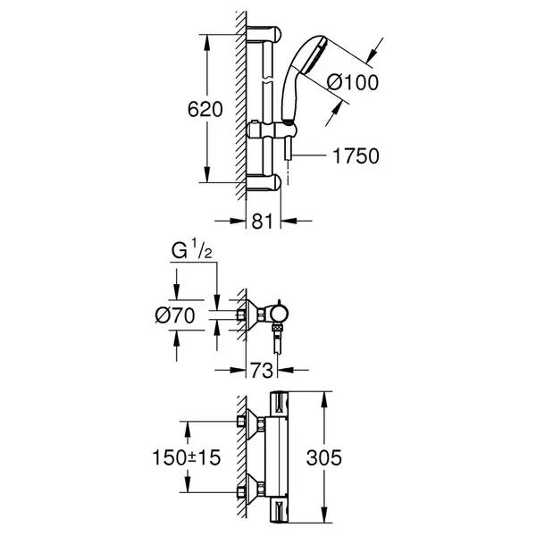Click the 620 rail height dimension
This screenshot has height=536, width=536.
[x=205, y=109]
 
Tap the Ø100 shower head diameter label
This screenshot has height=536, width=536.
[x=353, y=83]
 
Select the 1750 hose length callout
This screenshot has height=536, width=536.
[x=356, y=155]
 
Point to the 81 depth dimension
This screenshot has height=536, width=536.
[x=263, y=222]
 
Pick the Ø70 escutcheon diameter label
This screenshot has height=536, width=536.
[x=175, y=315]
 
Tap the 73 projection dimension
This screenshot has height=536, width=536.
[x=262, y=370]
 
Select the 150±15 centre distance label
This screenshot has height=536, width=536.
[x=187, y=457]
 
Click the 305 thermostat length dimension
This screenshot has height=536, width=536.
[x=323, y=457]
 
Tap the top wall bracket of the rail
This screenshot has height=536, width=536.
[x=264, y=34]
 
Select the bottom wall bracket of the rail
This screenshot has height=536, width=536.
[x=264, y=182]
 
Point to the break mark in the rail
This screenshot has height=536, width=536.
[x=268, y=79]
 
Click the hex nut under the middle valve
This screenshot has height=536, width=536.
[x=277, y=329]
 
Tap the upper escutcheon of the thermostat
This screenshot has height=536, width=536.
[x=252, y=421]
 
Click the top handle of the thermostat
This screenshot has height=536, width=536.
[x=280, y=404]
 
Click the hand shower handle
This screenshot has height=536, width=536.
[x=290, y=92]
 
